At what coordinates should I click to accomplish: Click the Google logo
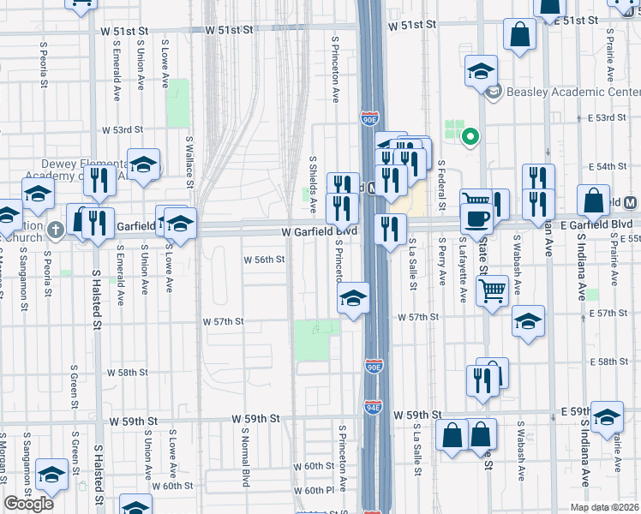click(x=29, y=504)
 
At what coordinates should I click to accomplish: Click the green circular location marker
click(x=470, y=135)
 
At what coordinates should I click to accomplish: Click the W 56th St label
click(x=264, y=259)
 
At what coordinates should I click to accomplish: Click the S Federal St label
click(x=440, y=185)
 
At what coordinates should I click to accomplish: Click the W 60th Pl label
click(x=313, y=491)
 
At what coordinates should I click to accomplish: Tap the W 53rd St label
click(x=122, y=130)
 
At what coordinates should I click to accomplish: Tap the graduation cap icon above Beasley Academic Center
click(x=481, y=70)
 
